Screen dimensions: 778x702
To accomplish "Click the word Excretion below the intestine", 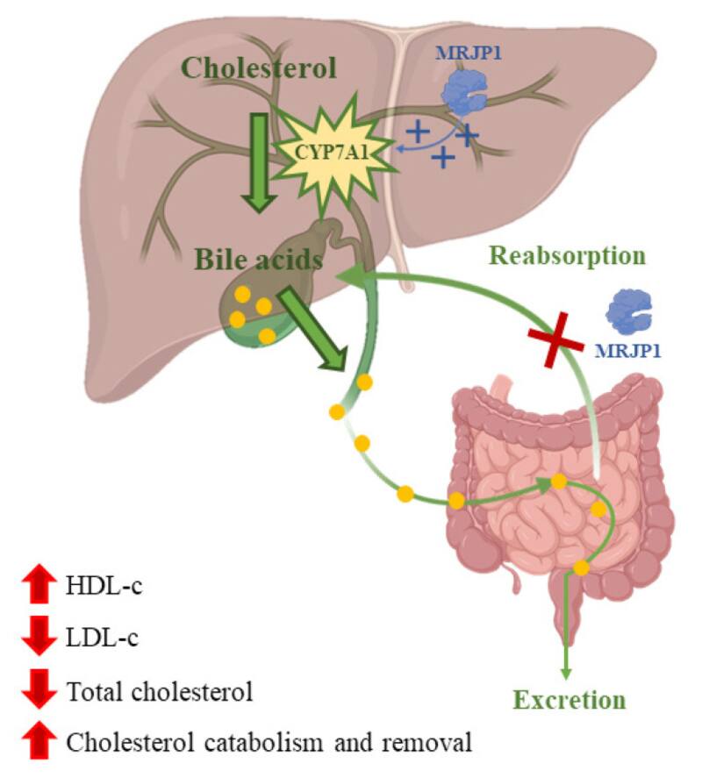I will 569,700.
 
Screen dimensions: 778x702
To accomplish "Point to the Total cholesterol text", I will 160,691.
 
